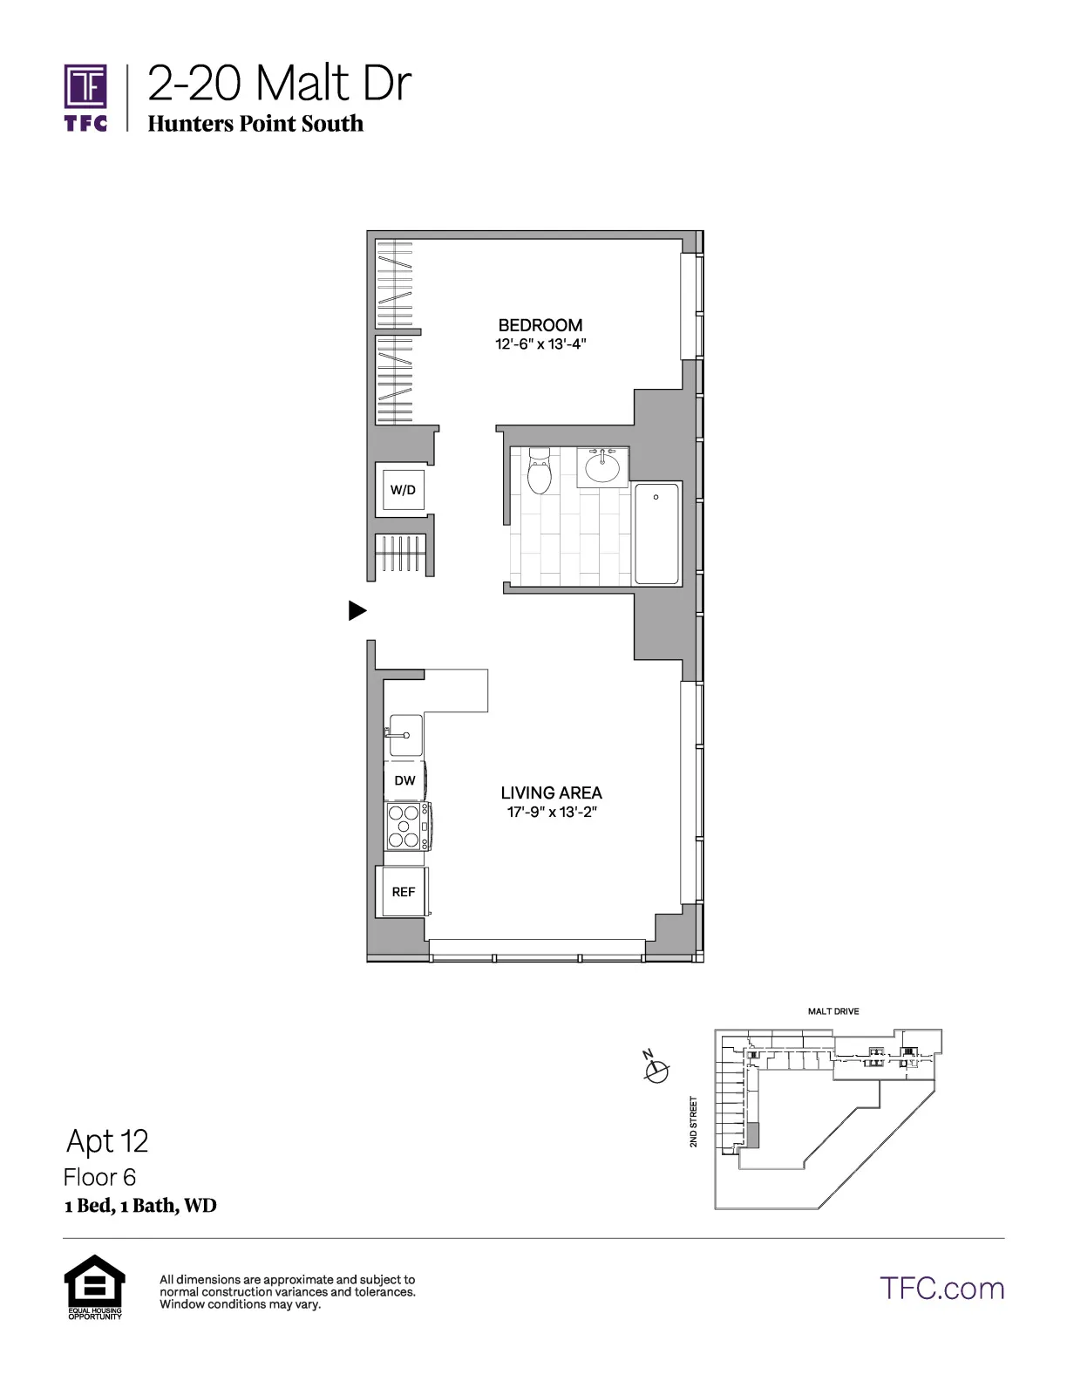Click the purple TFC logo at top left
85,97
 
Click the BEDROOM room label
540,325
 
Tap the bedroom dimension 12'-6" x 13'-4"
540,344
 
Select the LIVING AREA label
551,793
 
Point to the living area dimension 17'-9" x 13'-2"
551,813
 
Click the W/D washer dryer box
403,490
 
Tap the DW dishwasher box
404,780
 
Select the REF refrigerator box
403,892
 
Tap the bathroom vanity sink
601,467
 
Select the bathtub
656,534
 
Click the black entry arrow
357,611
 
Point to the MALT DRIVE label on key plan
833,1011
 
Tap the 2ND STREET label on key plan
694,1122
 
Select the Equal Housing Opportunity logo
95,1286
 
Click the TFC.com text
941,1289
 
